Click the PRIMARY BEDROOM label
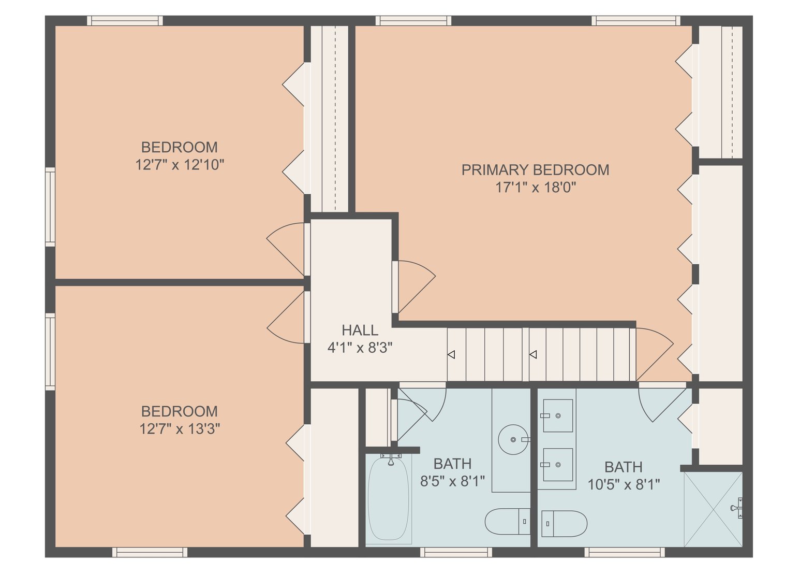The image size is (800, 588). pos(535,170)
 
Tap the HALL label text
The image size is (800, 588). pos(360,330)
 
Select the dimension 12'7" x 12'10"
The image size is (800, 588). pos(180,165)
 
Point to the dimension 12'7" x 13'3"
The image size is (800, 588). pos(180,429)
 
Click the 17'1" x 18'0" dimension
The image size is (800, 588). pos(536,188)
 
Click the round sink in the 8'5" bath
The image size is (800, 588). pos(513,439)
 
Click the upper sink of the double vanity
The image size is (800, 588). pos(558,415)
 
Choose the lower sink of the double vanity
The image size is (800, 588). pos(558,465)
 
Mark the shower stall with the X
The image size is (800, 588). pos(713,509)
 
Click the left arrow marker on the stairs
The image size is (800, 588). pos(451,355)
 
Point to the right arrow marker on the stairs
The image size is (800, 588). pos(533,355)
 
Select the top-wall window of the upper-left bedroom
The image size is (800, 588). pos(125,21)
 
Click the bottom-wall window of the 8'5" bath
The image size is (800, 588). pos(456,552)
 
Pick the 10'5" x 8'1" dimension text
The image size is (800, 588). pos(624,485)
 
